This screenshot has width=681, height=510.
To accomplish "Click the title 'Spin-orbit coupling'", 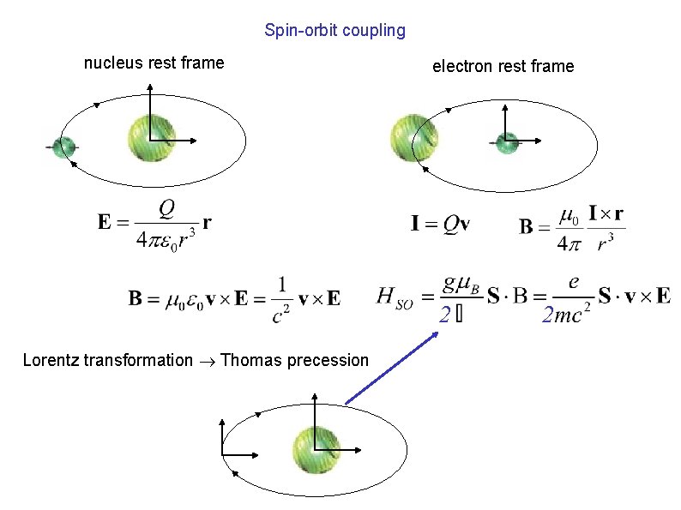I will (x=334, y=31).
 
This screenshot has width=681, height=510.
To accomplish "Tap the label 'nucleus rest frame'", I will (x=154, y=63).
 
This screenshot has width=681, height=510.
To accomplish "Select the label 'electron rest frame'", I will (x=503, y=66).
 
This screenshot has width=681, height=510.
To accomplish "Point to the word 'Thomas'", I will (x=250, y=360).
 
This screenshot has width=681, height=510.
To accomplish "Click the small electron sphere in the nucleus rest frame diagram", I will (x=62, y=147).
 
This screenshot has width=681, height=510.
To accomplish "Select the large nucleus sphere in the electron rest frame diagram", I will (x=414, y=138).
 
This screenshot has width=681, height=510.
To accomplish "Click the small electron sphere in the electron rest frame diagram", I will (x=507, y=143).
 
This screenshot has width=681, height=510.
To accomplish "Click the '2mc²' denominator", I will (x=563, y=316).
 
